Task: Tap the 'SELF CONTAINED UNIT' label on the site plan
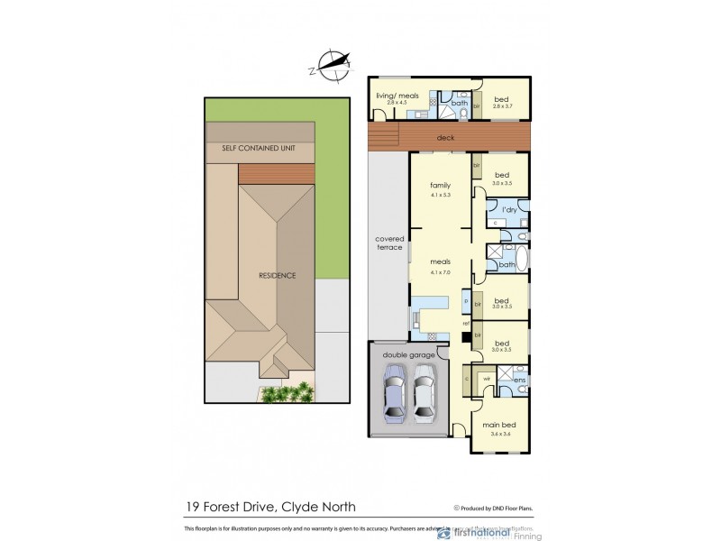pos(260,148)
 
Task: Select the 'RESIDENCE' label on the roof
pos(277,275)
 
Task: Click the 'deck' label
pos(444,138)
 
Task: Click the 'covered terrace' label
pos(389,243)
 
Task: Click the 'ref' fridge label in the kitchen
pos(466,323)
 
